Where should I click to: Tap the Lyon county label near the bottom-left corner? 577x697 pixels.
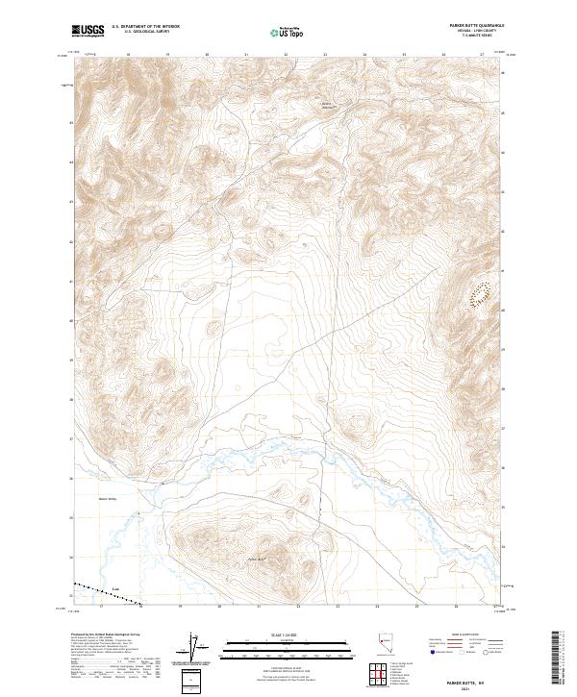tap(115, 589)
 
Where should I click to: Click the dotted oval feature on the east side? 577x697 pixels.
tap(479, 292)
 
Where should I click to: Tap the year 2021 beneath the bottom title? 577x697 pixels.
tap(465, 687)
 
